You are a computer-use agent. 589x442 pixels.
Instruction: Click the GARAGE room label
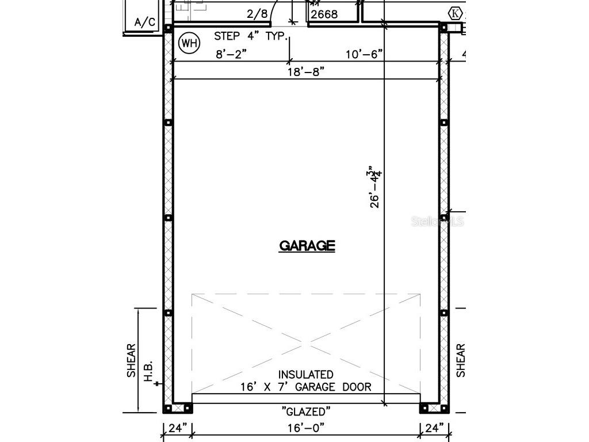[307, 246]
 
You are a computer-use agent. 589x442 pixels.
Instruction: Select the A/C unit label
[144, 22]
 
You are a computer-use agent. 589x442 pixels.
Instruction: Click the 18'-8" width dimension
[306, 71]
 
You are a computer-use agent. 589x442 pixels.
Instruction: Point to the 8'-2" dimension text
[231, 55]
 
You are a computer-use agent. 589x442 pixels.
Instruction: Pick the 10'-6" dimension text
[364, 55]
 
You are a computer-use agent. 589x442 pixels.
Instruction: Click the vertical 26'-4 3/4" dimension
[376, 186]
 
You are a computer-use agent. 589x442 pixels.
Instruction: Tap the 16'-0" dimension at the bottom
[306, 428]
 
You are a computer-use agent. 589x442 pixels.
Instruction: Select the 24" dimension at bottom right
[434, 428]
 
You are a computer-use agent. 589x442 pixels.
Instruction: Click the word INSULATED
[306, 375]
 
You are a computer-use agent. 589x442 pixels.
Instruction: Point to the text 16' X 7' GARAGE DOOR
[306, 387]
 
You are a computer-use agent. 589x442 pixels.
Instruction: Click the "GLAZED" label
[306, 411]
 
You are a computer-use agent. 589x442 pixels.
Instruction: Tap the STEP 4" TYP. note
[250, 36]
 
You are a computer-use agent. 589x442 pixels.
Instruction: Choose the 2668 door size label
[324, 14]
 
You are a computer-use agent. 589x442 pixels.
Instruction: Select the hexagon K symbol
[455, 13]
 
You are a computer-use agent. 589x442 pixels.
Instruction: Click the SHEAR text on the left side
[132, 361]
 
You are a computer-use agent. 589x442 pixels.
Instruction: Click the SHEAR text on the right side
[461, 361]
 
